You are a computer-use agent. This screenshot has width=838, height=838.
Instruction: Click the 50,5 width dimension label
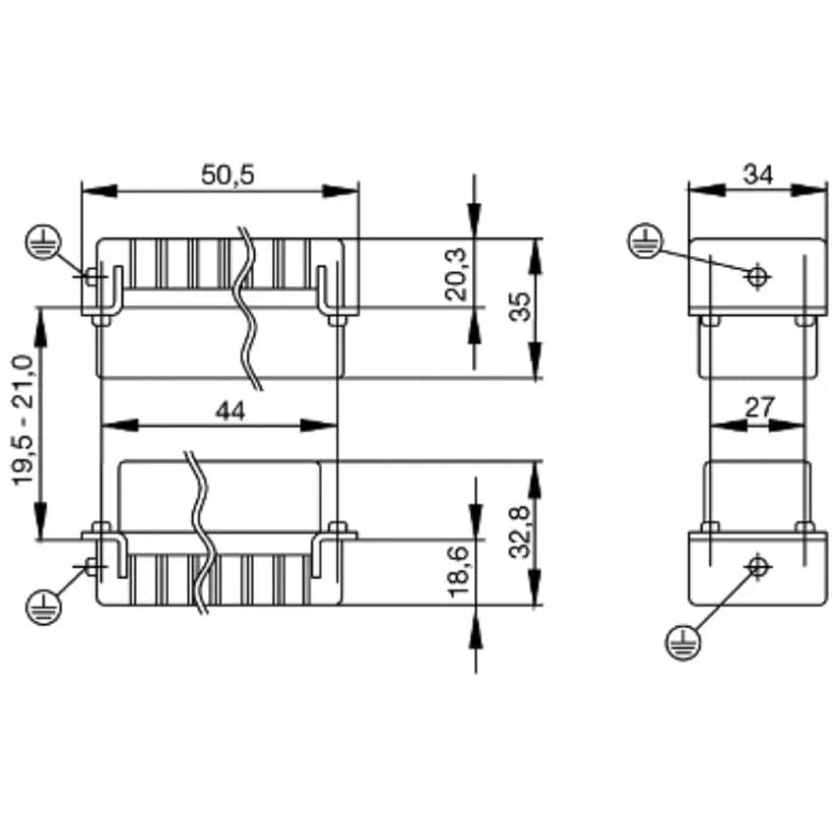(228, 175)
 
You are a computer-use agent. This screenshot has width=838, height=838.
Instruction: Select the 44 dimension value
(231, 411)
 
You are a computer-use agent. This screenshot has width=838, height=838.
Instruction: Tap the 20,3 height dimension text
(456, 275)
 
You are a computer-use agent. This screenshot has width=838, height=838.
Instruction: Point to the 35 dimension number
(520, 306)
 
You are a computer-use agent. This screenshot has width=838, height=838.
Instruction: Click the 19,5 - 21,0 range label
(23, 420)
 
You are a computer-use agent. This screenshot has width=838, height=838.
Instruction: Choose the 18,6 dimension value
(458, 571)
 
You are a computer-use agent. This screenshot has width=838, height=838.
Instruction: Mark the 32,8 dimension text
(519, 532)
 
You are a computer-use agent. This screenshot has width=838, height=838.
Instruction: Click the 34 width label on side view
(758, 175)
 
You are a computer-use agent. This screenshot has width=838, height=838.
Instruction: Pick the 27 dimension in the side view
(759, 408)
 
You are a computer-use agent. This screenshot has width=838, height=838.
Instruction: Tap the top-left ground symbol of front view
(43, 242)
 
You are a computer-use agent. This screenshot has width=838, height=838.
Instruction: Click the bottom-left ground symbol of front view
(43, 606)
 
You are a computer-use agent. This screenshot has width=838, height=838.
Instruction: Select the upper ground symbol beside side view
(645, 240)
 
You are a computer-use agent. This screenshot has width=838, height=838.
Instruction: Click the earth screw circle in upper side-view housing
(757, 277)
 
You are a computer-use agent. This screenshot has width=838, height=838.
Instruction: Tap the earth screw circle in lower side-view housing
(758, 566)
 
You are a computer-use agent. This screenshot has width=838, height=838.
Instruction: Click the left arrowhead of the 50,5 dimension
(99, 190)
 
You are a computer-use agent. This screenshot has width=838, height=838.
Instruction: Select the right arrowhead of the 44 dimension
(319, 426)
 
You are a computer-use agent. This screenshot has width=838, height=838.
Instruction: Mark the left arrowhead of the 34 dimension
(707, 190)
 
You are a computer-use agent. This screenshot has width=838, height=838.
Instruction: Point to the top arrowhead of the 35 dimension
(536, 257)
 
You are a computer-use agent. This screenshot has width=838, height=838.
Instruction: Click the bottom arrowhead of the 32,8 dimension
(536, 588)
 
